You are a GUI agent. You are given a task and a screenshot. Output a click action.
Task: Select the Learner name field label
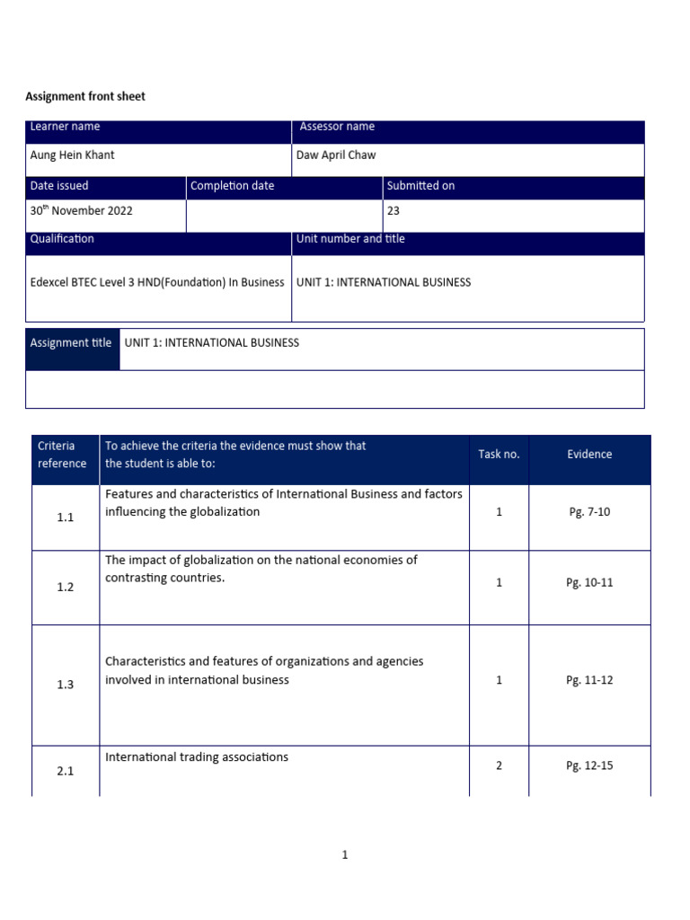click(x=65, y=127)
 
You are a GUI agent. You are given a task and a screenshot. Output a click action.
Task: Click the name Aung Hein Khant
click(x=73, y=155)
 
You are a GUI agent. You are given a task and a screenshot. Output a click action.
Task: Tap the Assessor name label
click(x=337, y=127)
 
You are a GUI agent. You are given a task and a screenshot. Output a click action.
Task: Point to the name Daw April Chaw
click(x=336, y=155)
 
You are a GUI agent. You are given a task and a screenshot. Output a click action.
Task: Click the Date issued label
click(x=59, y=185)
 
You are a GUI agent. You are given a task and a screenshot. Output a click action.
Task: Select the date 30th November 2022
click(x=81, y=210)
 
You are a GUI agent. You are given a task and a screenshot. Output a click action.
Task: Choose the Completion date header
click(x=233, y=185)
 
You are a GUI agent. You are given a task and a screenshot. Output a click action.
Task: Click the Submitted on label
click(x=420, y=185)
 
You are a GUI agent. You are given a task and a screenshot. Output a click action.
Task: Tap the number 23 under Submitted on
click(x=394, y=210)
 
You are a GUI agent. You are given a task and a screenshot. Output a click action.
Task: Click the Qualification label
click(x=62, y=239)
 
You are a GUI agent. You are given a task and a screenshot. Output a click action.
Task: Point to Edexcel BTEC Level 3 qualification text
click(x=157, y=282)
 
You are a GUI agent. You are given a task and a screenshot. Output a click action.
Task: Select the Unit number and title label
click(x=351, y=239)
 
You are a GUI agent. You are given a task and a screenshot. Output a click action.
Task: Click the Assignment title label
click(x=71, y=342)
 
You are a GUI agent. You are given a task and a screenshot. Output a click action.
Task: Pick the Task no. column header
click(x=499, y=455)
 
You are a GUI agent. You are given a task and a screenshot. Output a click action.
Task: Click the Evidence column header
click(x=589, y=455)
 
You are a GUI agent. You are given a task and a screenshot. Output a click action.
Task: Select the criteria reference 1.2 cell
click(x=65, y=587)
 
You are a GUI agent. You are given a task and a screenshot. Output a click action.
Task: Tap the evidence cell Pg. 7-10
click(x=589, y=511)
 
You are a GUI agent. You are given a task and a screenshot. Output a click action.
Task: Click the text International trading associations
click(x=197, y=756)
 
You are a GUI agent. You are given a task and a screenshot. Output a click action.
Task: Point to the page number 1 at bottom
click(x=345, y=855)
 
